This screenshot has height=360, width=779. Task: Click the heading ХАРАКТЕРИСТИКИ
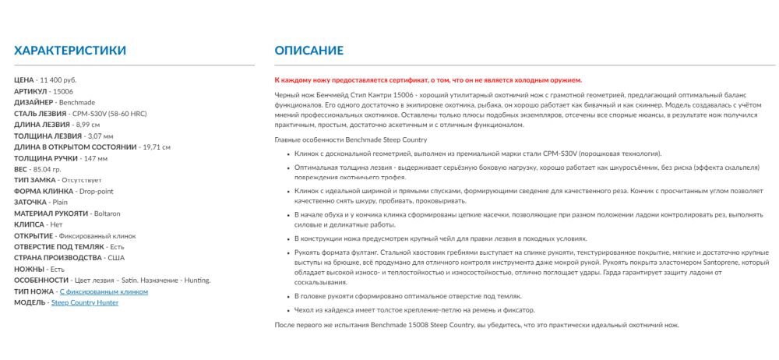pyautogui.click(x=70, y=51)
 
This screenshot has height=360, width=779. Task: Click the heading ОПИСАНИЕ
pyautogui.click(x=308, y=51)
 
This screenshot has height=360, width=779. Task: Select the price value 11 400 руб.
pyautogui.click(x=58, y=80)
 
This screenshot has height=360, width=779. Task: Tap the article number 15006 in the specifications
pyautogui.click(x=63, y=91)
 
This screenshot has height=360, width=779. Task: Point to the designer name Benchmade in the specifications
pyautogui.click(x=76, y=102)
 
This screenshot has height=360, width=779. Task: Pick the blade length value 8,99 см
pyautogui.click(x=85, y=125)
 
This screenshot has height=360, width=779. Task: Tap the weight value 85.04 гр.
pyautogui.click(x=48, y=169)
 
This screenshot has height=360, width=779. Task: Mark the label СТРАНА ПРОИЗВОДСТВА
pyautogui.click(x=58, y=258)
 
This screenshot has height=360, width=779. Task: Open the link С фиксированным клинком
pyautogui.click(x=104, y=291)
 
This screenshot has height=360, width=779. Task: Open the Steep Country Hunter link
pyautogui.click(x=85, y=302)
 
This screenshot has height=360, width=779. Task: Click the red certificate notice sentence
pyautogui.click(x=428, y=80)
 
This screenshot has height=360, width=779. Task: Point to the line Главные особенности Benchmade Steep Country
pyautogui.click(x=351, y=139)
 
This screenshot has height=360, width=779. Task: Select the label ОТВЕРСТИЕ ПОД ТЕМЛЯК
pyautogui.click(x=59, y=247)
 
